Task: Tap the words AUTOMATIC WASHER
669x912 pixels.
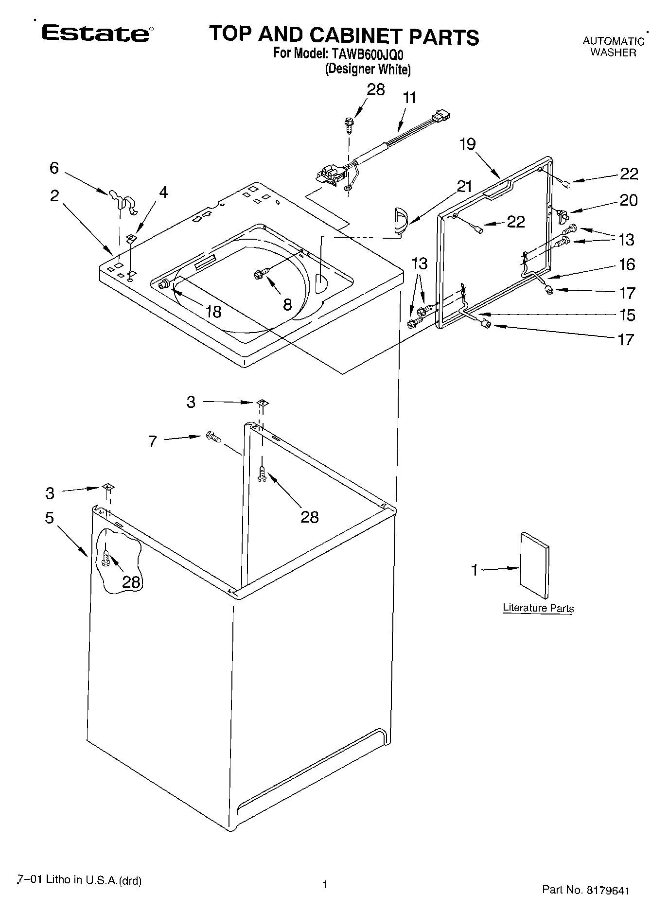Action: point(613,47)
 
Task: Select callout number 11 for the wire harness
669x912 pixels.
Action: point(409,98)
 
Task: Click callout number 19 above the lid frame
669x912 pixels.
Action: point(468,144)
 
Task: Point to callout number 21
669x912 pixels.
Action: point(464,186)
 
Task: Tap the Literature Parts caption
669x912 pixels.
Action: point(538,608)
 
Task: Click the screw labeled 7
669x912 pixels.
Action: point(213,437)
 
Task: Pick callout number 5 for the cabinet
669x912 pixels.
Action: point(50,518)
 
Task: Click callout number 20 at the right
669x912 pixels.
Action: point(628,200)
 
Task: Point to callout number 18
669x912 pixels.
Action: point(213,311)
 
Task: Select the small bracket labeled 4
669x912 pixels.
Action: point(130,238)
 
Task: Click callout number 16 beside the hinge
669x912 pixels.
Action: point(627,264)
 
